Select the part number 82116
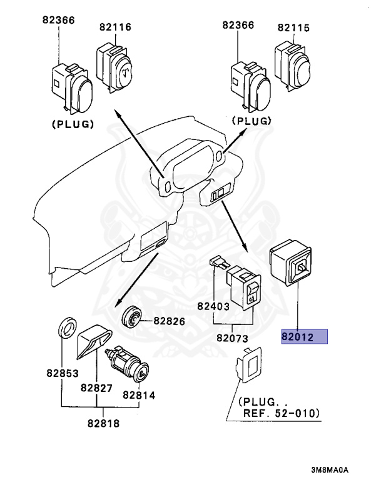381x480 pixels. (114, 27)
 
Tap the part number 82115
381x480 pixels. (294, 27)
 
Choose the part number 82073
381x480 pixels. (233, 338)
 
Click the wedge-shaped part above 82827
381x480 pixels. (93, 343)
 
